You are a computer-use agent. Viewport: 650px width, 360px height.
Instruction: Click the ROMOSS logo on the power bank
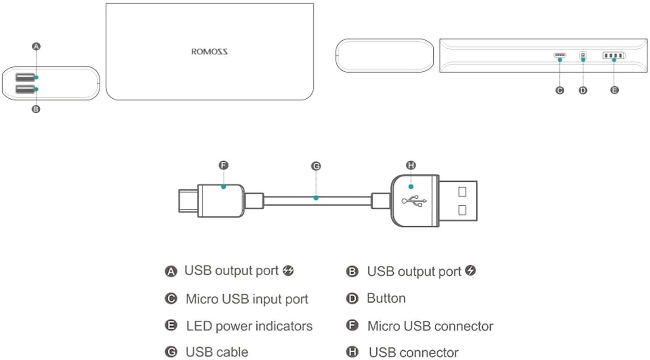[x=209, y=52]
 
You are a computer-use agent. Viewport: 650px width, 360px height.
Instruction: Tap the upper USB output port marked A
[x=25, y=77]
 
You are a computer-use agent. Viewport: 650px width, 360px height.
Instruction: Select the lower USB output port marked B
[x=25, y=89]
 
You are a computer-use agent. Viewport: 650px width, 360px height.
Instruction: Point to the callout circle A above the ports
[x=36, y=46]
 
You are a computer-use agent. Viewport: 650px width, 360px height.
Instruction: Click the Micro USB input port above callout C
[x=559, y=55]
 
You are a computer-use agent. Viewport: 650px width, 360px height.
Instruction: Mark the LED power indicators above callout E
[x=614, y=55]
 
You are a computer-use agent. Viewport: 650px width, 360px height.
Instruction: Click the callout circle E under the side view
[x=614, y=90]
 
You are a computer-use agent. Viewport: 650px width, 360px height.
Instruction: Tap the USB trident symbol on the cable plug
[x=414, y=201]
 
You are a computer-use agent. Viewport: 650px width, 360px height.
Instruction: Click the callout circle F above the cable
[x=223, y=165]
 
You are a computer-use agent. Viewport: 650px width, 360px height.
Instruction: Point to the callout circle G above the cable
[x=316, y=166]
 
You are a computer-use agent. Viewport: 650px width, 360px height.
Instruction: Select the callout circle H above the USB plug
[x=411, y=165]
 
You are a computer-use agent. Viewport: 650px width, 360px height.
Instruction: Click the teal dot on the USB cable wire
[x=316, y=198]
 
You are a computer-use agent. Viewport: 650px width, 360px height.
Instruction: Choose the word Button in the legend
[x=386, y=299]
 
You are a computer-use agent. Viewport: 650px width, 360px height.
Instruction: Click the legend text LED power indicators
[x=249, y=326]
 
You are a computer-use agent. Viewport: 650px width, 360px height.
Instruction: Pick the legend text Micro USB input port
[x=247, y=299]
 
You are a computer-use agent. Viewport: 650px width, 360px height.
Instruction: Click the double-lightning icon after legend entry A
[x=288, y=271]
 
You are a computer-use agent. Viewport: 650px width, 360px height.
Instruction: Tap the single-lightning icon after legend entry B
[x=470, y=271]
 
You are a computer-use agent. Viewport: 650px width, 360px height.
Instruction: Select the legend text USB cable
[x=217, y=352]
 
